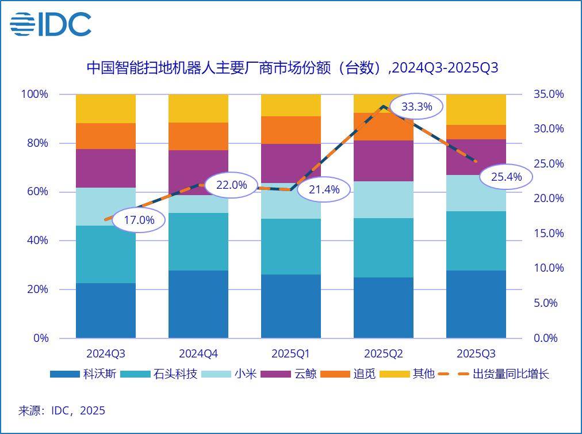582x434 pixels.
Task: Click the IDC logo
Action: [51, 24]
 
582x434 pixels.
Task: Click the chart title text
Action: [292, 68]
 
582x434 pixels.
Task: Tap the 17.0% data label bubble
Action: [139, 220]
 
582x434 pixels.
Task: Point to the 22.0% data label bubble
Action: [231, 185]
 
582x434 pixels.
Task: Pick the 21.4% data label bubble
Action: [324, 189]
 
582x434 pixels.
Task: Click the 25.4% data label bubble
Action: [506, 177]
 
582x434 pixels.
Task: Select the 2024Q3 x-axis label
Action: [106, 353]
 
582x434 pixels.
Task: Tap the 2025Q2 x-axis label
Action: [384, 353]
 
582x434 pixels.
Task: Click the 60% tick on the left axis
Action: [37, 192]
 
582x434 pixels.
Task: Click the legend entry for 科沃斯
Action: [83, 374]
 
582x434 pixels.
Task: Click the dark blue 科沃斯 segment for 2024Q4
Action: [198, 304]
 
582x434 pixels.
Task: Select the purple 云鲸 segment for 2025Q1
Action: [291, 163]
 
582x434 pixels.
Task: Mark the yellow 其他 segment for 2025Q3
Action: [476, 109]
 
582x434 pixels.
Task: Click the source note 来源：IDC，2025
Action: [62, 410]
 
